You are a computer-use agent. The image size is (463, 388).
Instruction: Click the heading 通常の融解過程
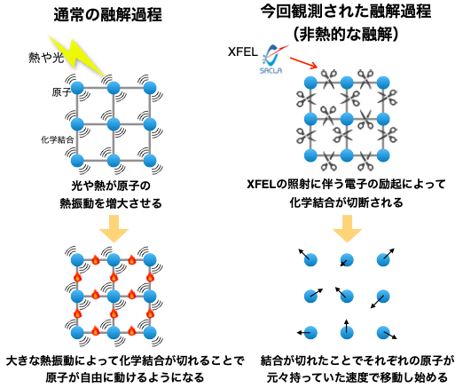(108, 15)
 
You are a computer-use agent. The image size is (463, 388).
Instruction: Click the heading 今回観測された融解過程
(346, 12)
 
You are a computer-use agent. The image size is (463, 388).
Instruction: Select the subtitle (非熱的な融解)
(346, 35)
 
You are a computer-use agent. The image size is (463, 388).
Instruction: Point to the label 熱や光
(46, 58)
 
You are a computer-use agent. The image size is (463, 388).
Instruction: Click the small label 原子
(61, 92)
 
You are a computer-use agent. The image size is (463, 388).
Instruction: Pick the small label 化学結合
(57, 139)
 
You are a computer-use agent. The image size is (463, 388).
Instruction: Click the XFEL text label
(243, 52)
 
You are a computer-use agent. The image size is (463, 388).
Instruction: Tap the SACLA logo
(272, 59)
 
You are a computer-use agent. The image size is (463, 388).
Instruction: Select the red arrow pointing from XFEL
(303, 63)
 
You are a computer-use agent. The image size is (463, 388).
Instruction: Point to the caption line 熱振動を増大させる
(111, 203)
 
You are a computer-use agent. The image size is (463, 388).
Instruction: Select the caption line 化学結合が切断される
(346, 202)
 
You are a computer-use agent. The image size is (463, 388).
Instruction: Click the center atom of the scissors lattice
(347, 119)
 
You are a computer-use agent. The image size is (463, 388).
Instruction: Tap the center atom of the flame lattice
(114, 296)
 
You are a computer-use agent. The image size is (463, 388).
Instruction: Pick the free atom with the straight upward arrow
(347, 332)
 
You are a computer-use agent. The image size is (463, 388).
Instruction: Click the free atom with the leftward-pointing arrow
(310, 332)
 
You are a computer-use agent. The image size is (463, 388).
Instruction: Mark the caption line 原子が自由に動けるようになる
(125, 377)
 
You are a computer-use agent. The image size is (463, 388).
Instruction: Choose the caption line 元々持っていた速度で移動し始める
(357, 377)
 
